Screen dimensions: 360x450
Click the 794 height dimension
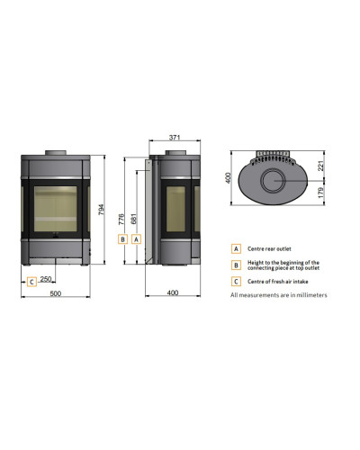[102, 210]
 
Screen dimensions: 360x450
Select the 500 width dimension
[56, 293]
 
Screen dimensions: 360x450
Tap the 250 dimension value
[46, 279]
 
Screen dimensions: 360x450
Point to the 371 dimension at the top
[175, 138]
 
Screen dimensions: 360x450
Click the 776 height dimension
[121, 219]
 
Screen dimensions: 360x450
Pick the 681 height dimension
[134, 219]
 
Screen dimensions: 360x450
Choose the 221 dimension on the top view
[320, 166]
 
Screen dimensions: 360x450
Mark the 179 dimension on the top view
[320, 193]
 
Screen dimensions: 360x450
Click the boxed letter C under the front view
[31, 282]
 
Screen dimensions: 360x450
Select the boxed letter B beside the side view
[122, 239]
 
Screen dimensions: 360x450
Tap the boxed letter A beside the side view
[136, 239]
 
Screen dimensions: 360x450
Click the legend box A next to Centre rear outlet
[236, 248]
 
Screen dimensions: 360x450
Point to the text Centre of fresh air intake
[278, 282]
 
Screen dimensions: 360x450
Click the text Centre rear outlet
[269, 248]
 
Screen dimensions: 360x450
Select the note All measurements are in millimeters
[279, 295]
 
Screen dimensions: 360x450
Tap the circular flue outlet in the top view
[273, 181]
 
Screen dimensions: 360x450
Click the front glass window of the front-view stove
[56, 209]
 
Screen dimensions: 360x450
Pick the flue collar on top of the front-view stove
[56, 153]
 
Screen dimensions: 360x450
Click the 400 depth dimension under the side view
[173, 292]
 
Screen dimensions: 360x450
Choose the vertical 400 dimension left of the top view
[228, 177]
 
